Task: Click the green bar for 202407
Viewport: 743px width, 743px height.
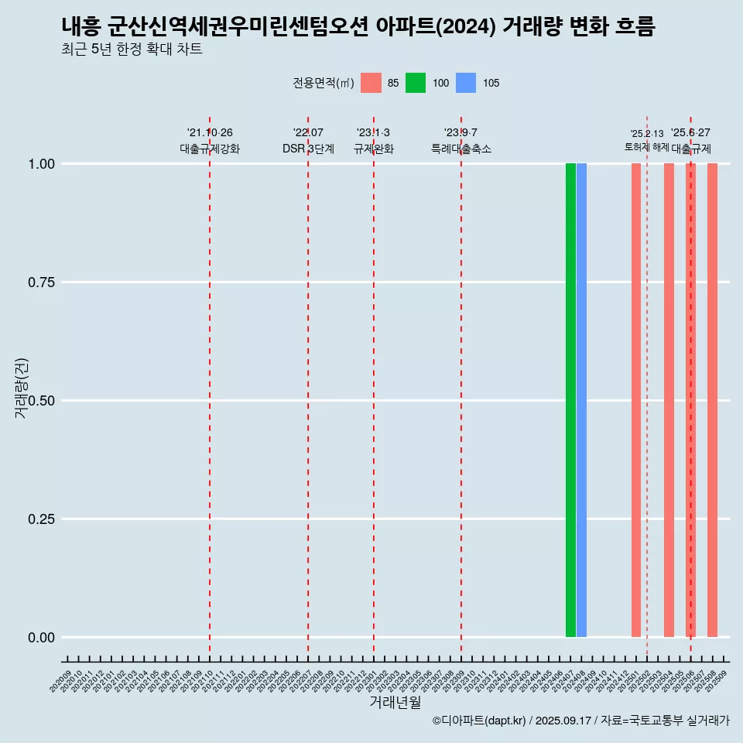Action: [570, 400]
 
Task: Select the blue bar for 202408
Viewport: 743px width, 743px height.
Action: [581, 400]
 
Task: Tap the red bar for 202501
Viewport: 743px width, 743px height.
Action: [636, 400]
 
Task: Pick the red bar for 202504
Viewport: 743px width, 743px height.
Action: [669, 400]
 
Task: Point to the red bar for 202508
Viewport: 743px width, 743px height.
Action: [712, 400]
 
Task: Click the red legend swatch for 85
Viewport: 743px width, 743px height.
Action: [371, 83]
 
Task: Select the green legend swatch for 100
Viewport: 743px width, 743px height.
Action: [416, 83]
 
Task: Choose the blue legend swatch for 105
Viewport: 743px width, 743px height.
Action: [466, 83]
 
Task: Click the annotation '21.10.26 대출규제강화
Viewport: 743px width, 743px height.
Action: [210, 141]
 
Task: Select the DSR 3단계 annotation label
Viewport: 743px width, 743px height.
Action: [308, 149]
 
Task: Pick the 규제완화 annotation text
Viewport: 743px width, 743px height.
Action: [374, 149]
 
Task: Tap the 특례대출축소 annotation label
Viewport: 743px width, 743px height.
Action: [461, 149]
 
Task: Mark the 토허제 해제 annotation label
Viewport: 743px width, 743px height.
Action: [646, 147]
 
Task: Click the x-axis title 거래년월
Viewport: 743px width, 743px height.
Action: [395, 702]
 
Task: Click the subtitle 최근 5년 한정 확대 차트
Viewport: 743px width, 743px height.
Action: [132, 50]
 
